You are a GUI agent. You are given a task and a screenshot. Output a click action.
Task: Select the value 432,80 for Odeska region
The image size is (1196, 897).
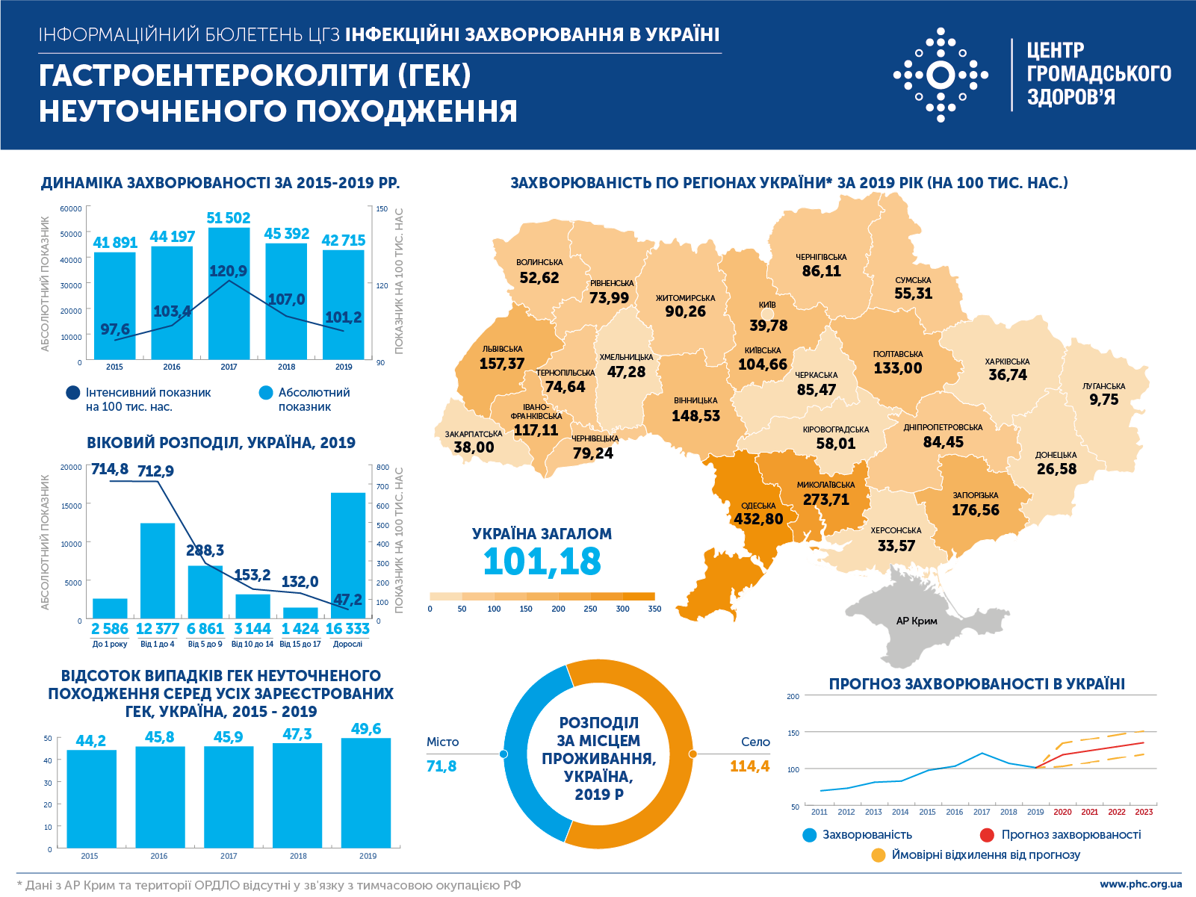pos(758,519)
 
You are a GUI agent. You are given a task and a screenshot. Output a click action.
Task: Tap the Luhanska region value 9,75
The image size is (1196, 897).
pos(1104,400)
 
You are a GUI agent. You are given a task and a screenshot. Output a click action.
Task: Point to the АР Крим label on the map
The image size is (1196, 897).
pos(917,621)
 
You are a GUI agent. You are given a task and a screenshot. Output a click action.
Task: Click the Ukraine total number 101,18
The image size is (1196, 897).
pos(542,562)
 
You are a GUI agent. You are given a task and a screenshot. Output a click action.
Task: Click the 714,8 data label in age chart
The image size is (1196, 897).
pos(110,469)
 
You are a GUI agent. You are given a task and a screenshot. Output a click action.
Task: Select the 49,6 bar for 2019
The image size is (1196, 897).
pos(366,792)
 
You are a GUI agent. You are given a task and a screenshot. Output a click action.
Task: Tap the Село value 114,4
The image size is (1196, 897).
pos(749,766)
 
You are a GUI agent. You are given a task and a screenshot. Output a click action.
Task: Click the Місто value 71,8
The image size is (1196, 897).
pos(441,766)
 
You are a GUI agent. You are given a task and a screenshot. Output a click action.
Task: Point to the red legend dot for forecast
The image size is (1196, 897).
pos(987,835)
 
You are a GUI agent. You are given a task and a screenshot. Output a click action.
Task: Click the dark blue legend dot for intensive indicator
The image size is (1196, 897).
pos(73,393)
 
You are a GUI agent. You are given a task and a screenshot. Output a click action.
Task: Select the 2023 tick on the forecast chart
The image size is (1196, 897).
pos(1144,812)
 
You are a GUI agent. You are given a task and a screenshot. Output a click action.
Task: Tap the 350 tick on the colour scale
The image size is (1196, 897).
pos(654,609)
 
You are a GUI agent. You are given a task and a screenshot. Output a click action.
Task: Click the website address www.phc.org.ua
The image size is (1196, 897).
pos(1141,884)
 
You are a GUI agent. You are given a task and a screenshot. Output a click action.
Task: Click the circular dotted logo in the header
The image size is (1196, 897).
pos(941,75)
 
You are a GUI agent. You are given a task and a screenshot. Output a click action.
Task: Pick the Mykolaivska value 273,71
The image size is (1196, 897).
pos(826,500)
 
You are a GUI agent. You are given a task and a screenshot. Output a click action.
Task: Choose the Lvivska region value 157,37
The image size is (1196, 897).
pos(502,364)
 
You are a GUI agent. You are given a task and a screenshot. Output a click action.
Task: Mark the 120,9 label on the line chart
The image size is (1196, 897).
pos(229,271)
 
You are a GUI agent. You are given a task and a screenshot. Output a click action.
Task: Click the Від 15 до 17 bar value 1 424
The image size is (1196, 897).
pos(300,629)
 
